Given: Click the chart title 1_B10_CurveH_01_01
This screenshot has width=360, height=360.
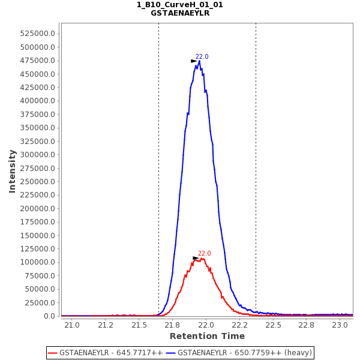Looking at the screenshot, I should [x=180, y=5].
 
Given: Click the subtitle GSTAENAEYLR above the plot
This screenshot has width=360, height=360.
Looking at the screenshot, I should [x=180, y=13].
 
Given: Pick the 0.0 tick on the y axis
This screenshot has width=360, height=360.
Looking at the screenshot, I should [x=50, y=316].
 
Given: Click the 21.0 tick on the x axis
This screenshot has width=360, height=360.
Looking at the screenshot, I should [x=72, y=325].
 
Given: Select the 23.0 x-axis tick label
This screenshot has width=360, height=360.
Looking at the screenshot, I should [x=340, y=325].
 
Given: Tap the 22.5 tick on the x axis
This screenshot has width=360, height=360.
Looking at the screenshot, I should [x=273, y=325].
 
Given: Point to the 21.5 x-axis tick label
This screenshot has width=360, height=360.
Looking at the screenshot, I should [x=139, y=325].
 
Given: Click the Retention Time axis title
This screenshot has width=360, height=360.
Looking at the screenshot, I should [x=207, y=337].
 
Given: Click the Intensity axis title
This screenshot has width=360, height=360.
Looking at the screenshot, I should [x=13, y=171].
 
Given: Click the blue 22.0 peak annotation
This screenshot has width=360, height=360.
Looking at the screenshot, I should [x=202, y=57].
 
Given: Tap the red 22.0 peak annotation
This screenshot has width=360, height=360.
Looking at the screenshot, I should [x=205, y=254].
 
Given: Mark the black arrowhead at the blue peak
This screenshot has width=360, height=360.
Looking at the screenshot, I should [x=194, y=61].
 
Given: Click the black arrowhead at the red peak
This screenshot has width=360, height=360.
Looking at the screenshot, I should [x=196, y=258].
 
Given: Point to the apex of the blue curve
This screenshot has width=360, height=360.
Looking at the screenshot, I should [x=199, y=61].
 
